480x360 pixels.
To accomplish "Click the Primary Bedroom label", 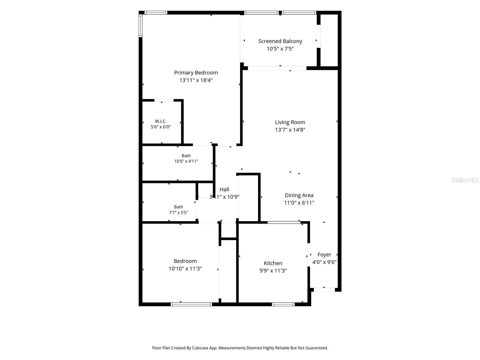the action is pos(196,73).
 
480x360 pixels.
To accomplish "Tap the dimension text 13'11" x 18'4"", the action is pos(196,80).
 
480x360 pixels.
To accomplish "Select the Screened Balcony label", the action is pos(280,41).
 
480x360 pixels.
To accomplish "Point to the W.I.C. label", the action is pos(161,121).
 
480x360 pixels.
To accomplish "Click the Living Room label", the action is pos(290,122).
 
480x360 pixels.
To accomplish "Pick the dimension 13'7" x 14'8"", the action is pos(290,130).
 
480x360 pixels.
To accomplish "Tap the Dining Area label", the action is pos(299,195).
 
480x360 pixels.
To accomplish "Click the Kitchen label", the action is pos(273,263).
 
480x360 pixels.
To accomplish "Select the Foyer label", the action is pos(324,255).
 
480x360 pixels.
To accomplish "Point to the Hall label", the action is pos(224,189).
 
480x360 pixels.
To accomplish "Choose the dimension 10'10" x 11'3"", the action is pos(185,268).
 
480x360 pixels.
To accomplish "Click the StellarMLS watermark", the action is pos(465,180).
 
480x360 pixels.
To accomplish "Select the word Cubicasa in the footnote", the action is pos(200,348).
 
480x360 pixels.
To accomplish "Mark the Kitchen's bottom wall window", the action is pos(283,304).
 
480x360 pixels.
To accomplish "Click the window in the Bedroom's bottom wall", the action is pos(191,304).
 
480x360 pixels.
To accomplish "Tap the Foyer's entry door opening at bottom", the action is pos(324,290).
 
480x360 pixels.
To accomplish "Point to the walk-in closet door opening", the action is pos(164,100).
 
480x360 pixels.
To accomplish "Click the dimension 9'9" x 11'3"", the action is pos(273,271).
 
